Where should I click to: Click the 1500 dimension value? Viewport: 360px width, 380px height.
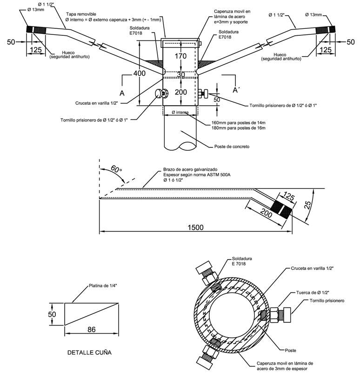coord(195,227)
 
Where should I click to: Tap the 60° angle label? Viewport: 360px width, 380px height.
coord(116,169)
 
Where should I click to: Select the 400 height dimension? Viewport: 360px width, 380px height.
coord(140,73)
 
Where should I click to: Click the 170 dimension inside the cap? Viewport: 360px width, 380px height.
coord(180,56)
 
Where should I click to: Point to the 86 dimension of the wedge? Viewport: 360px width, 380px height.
coord(91,329)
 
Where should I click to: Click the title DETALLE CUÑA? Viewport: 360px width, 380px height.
coord(89,353)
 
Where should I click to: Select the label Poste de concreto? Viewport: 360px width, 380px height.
coord(232,147)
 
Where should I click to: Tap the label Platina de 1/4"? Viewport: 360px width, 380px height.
coord(103,286)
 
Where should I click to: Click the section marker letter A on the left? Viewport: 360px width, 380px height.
coord(122,93)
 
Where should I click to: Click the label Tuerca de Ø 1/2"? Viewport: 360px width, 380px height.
coord(313,293)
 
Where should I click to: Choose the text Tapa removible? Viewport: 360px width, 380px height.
coord(81,14)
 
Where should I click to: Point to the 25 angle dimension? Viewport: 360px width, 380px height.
coord(307,205)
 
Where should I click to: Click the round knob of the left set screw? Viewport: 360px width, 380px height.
coord(159,93)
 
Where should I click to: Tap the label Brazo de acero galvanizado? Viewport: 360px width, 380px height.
coord(190,169)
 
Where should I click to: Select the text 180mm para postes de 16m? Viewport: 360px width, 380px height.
coord(238,128)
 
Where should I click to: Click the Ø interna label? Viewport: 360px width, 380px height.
coord(180,113)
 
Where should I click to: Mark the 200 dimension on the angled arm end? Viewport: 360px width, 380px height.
coord(266,213)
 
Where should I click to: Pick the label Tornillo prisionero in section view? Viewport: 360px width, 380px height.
coord(327,301)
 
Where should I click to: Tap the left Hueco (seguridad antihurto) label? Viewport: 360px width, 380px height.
coord(69,55)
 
